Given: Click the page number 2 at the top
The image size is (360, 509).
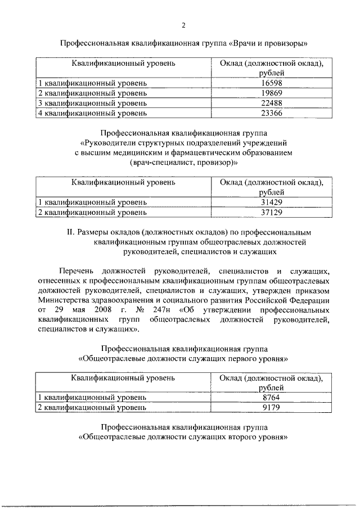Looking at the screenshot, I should coord(183,25).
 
